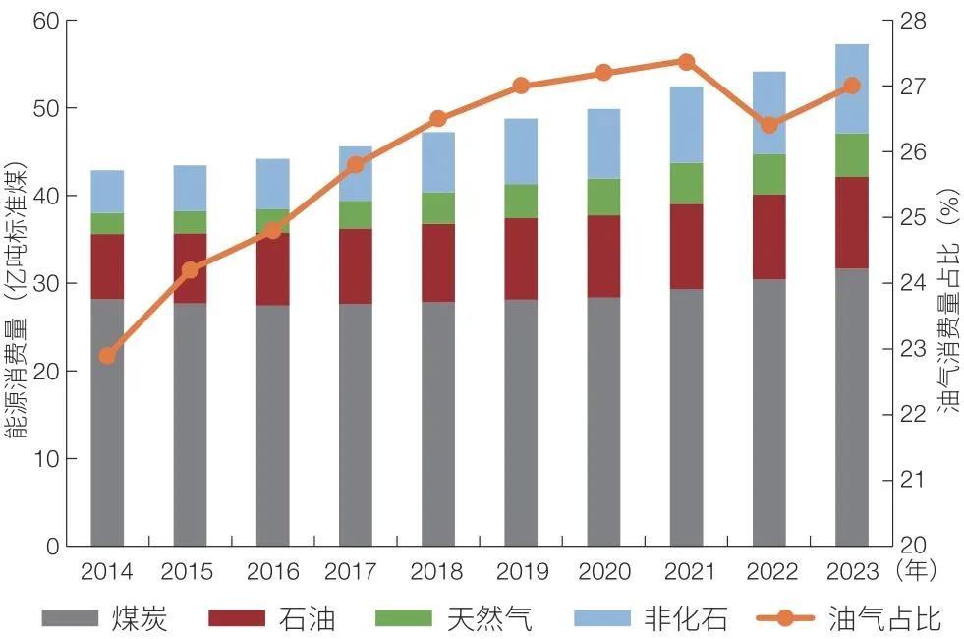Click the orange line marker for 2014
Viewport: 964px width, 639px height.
(x=108, y=355)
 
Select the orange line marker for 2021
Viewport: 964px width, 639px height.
(x=687, y=62)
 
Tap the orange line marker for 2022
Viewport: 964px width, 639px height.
(x=769, y=125)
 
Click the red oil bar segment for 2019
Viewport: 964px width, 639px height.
(x=521, y=259)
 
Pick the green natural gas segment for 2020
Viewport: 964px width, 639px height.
(x=603, y=197)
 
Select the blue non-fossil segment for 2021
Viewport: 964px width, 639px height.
(x=687, y=125)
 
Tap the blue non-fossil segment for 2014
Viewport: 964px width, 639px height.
(x=108, y=192)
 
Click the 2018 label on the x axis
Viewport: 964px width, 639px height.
(x=437, y=571)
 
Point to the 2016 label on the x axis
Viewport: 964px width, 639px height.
(x=272, y=571)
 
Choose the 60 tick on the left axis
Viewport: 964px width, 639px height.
(x=46, y=21)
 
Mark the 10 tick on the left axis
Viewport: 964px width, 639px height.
(x=46, y=459)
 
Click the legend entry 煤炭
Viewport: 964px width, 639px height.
(x=139, y=618)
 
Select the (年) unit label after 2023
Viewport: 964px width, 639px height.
(x=918, y=571)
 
